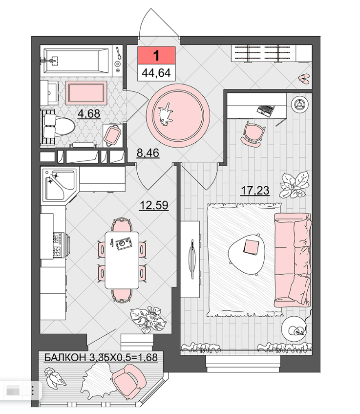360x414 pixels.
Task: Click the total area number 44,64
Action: [156, 73]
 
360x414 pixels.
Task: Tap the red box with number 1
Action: [156, 55]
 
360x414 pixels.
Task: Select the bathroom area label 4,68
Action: [89, 114]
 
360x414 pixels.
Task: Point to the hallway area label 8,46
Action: [148, 153]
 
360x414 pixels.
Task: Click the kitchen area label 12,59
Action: [153, 205]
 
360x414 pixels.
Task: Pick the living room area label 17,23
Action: [255, 190]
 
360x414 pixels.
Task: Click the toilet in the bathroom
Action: [58, 126]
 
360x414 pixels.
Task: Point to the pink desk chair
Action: [253, 134]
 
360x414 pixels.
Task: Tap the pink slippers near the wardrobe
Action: [304, 79]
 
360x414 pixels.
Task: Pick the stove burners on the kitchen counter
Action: [59, 245]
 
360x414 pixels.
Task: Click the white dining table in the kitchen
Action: [122, 260]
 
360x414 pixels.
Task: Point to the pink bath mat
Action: [86, 93]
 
